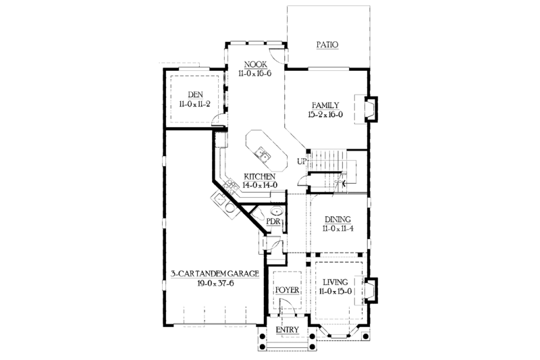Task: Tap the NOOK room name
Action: [254, 66]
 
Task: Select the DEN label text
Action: [195, 95]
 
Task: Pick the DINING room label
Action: [337, 220]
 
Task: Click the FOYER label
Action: [286, 290]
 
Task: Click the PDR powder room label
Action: [274, 221]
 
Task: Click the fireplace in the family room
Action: [370, 109]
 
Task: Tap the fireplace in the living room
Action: [370, 289]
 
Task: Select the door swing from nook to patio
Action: [275, 57]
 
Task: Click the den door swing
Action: [217, 122]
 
